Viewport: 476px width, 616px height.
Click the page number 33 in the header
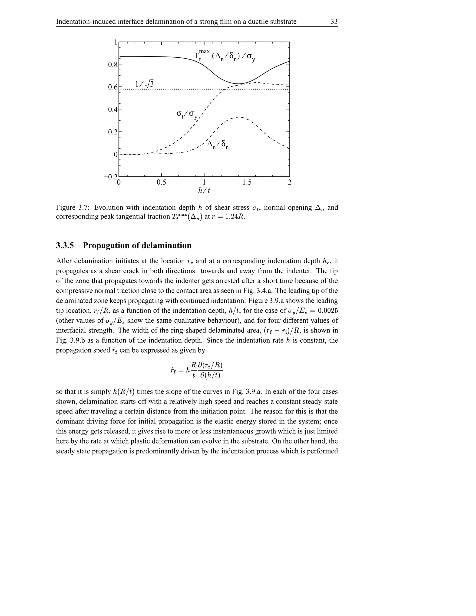tap(334, 22)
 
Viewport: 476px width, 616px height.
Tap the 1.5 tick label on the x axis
tap(247, 182)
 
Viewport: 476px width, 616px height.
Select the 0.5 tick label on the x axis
tap(161, 182)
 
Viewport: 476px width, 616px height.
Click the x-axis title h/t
tap(204, 191)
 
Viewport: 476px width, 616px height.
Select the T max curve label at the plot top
tap(224, 56)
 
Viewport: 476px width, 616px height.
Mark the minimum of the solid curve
tap(238, 84)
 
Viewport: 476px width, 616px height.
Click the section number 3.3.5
tap(65, 245)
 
